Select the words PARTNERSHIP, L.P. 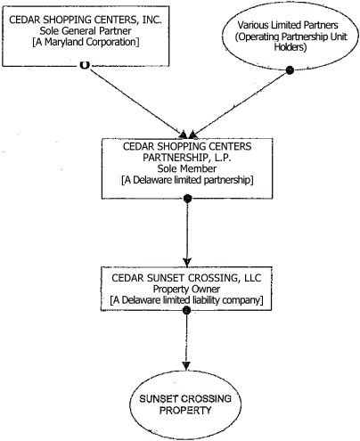coord(185,159)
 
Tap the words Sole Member coord(185,170)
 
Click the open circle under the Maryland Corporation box coord(84,64)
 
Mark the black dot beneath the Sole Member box coord(185,198)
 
